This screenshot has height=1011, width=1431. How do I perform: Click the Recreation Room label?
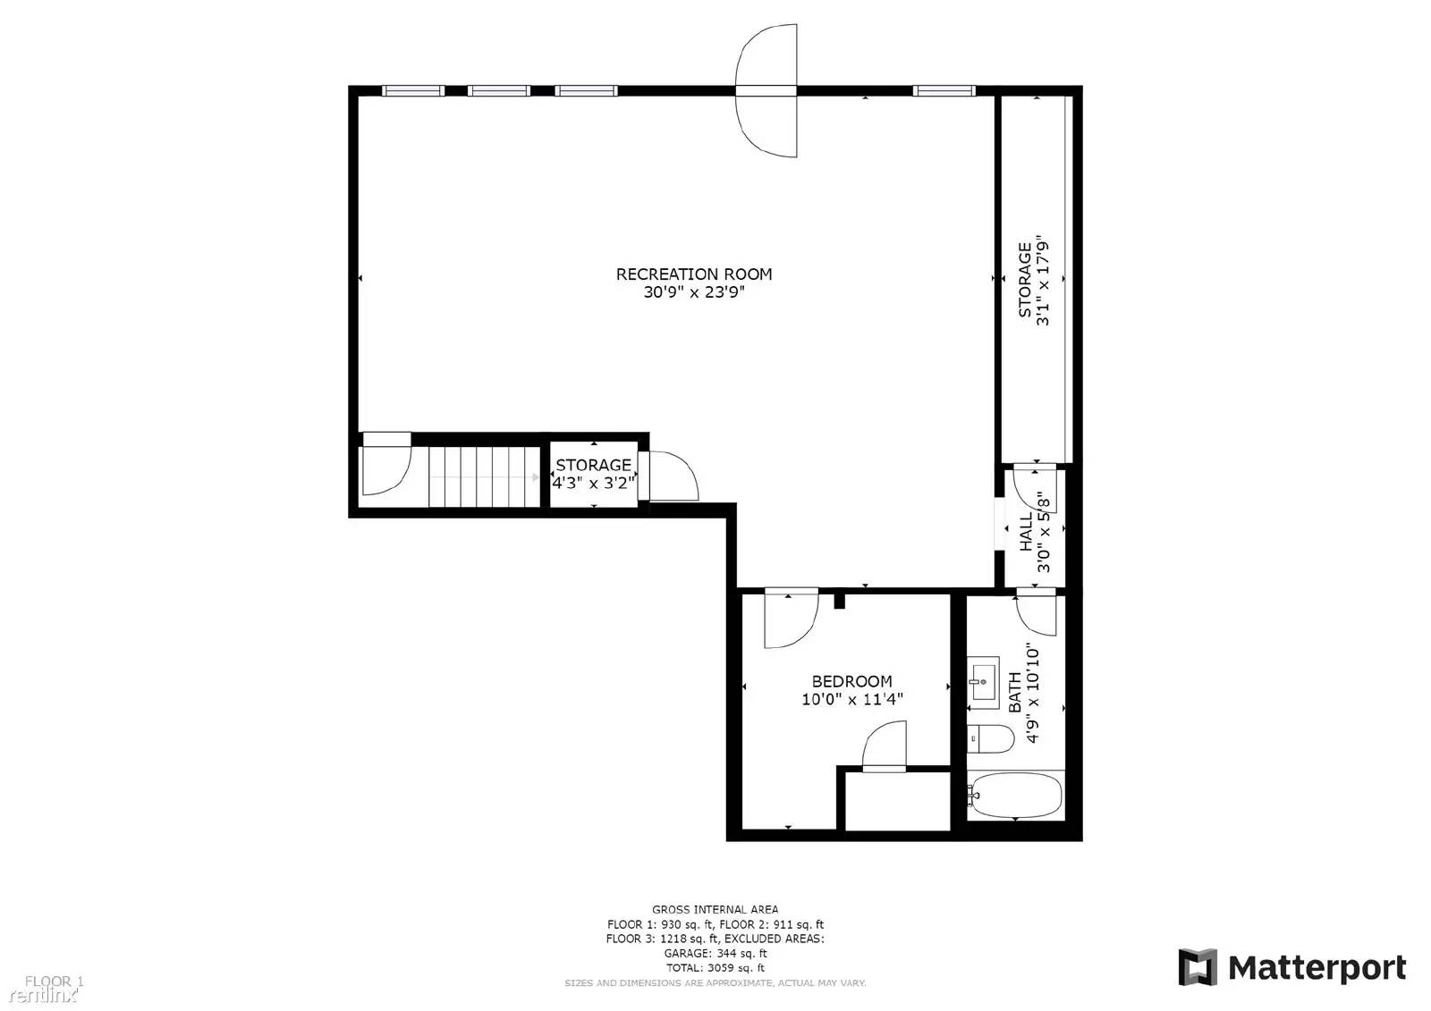pyautogui.click(x=693, y=274)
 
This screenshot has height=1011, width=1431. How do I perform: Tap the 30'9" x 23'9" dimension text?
pyautogui.click(x=693, y=292)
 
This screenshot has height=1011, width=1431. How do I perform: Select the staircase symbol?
pyautogui.click(x=484, y=476)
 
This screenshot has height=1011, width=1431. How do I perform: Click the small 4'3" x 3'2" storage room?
pyautogui.click(x=594, y=474)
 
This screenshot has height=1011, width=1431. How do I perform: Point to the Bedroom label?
pyautogui.click(x=851, y=681)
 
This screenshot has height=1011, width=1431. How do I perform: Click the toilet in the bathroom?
pyautogui.click(x=991, y=738)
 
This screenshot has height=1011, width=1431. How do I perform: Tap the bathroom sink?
pyautogui.click(x=983, y=681)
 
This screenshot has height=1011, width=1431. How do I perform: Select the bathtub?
pyautogui.click(x=1016, y=796)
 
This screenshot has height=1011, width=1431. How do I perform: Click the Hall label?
pyautogui.click(x=1026, y=531)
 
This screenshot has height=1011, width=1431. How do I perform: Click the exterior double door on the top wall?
pyautogui.click(x=766, y=90)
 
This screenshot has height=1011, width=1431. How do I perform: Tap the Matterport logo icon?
pyautogui.click(x=1198, y=967)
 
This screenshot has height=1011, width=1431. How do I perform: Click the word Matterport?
pyautogui.click(x=1317, y=967)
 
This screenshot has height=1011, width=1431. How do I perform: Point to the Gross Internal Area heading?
pyautogui.click(x=715, y=909)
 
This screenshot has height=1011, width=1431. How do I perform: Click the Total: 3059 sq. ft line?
pyautogui.click(x=715, y=967)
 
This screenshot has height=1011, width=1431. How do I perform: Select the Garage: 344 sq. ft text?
pyautogui.click(x=715, y=953)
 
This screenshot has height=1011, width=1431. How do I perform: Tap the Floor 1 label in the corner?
pyautogui.click(x=53, y=982)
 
